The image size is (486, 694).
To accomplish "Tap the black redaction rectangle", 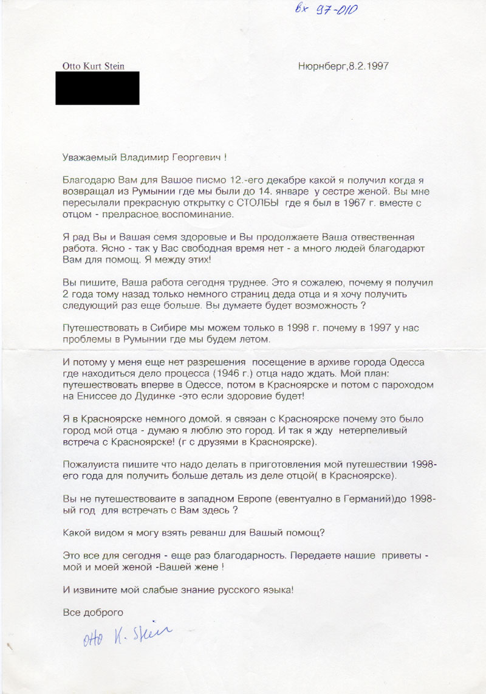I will [97, 88].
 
